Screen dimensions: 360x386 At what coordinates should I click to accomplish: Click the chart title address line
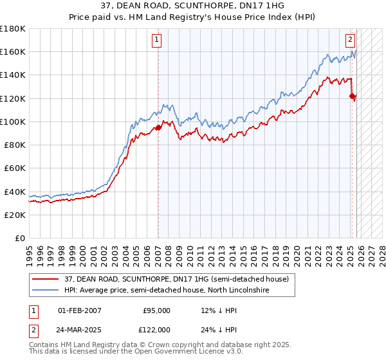point(192,6)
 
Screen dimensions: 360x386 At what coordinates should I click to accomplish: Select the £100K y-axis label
point(13,122)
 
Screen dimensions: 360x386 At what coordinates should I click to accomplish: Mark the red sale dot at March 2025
point(352,96)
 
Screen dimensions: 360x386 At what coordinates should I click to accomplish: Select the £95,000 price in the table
point(156,310)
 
